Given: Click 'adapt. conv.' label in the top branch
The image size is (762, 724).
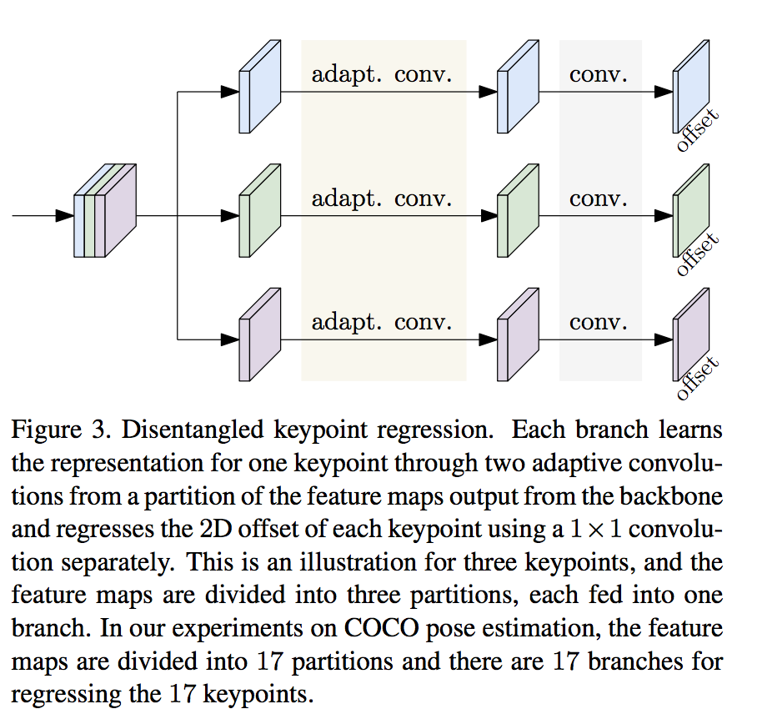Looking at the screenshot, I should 382,74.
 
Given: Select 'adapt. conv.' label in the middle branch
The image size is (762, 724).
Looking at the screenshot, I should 382,199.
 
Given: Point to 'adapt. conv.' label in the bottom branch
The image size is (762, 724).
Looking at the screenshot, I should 382,322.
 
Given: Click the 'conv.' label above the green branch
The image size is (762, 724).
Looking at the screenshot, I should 599,199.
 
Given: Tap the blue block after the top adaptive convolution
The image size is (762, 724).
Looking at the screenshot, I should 515,88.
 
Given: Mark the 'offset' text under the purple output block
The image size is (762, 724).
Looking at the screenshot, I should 698,376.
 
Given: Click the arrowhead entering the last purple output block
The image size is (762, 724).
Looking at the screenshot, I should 664,339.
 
